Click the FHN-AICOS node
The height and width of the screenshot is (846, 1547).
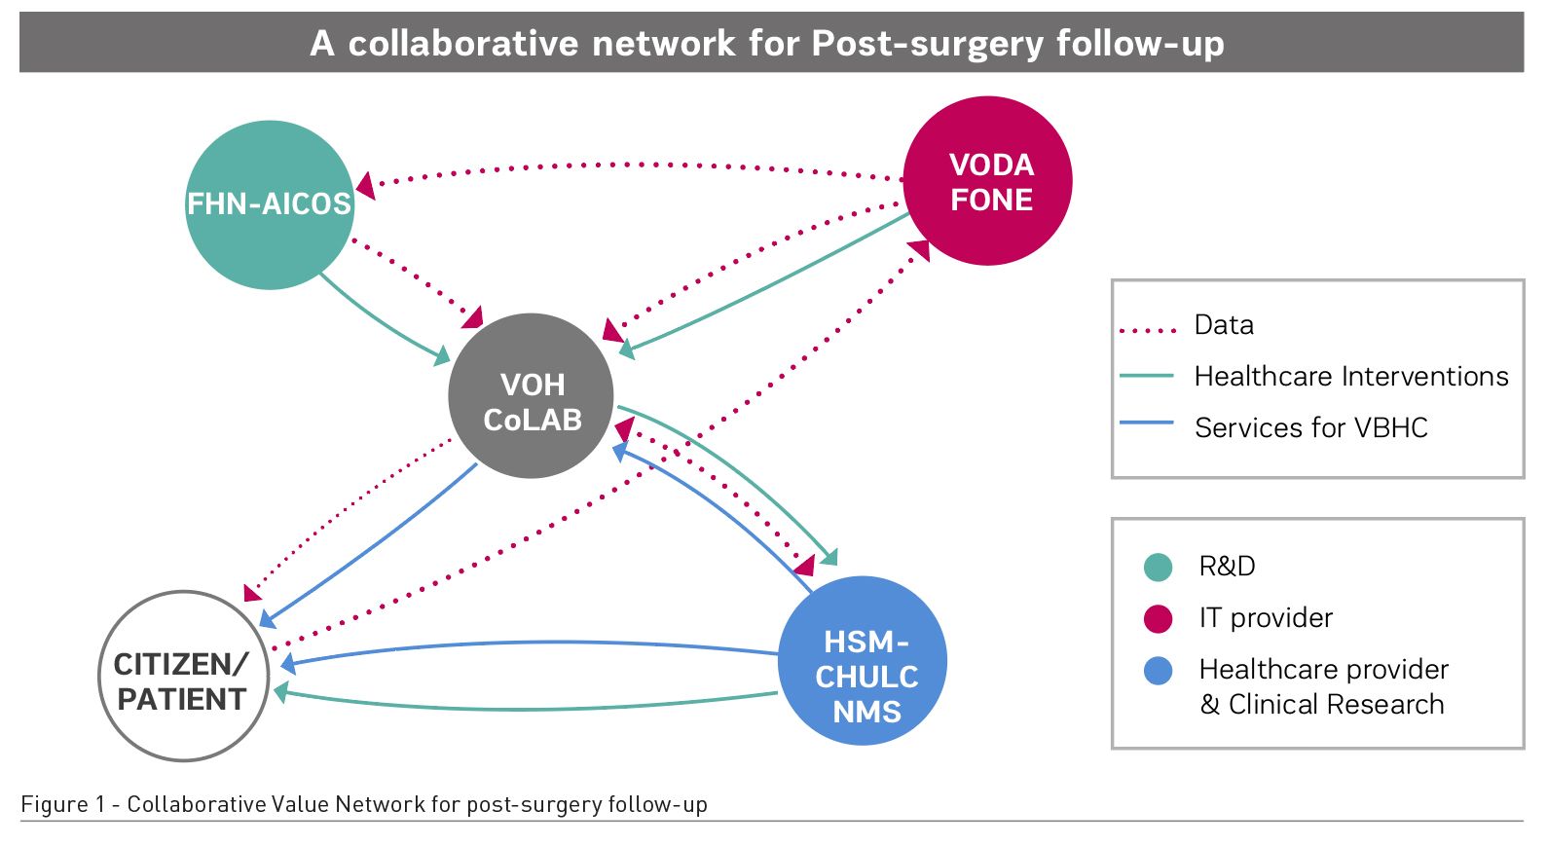coord(270,204)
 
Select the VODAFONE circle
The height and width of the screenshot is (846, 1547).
coord(988,181)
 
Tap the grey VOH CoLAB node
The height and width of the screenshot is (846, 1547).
coord(531,396)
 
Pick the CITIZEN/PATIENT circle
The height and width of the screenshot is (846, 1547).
coord(184,677)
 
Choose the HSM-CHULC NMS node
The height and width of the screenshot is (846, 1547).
coord(864,661)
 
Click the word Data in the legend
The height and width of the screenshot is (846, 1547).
coord(1224,325)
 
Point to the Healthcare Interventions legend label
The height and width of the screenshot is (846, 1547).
coord(1350,377)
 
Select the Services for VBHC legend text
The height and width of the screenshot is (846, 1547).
coord(1310,428)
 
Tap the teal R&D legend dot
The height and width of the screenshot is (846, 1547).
coord(1158,567)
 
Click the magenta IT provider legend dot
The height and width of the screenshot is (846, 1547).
coord(1158,618)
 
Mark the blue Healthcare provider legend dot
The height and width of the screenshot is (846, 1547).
coord(1158,671)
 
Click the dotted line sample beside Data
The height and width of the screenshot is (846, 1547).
coord(1148,331)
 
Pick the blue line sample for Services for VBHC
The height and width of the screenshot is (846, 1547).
coord(1147,423)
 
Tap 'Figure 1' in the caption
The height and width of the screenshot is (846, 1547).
coord(62,805)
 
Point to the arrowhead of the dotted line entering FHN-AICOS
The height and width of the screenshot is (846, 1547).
coord(365,185)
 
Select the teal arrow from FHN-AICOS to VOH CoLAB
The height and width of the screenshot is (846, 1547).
coord(380,321)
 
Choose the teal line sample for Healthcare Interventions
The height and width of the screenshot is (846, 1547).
coord(1147,376)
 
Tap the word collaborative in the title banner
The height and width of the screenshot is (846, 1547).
coord(463,44)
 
